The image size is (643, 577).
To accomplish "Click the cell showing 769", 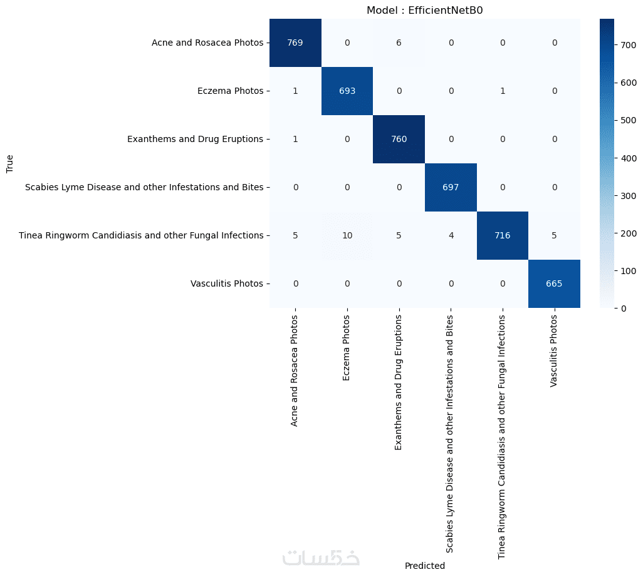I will [295, 43].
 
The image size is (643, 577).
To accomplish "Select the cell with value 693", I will [347, 91].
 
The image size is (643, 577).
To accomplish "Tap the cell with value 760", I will [399, 139].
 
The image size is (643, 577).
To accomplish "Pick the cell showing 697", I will [450, 187].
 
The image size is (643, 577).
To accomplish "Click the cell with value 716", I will [502, 235].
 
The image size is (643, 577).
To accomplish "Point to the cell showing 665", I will [553, 283].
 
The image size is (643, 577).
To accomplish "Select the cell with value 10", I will [347, 235].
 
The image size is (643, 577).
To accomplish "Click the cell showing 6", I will [399, 43].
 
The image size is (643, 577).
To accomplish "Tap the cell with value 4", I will [450, 235].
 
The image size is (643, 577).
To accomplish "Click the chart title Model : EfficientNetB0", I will [425, 10].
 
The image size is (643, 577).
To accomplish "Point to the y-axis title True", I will [10, 163].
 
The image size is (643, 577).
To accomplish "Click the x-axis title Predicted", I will [425, 566].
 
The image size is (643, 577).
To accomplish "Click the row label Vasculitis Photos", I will [226, 283].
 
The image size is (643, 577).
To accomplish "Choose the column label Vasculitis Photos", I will [553, 352].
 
